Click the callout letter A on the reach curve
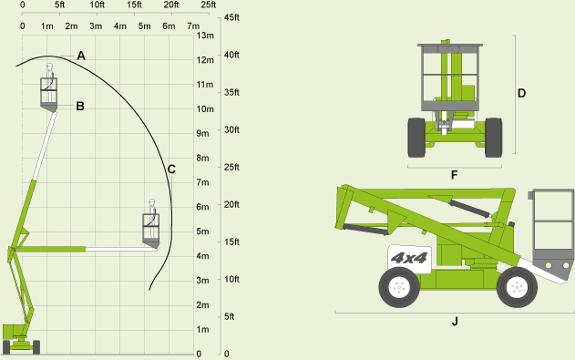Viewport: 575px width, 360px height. (81, 56)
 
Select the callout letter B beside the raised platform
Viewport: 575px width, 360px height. (80, 107)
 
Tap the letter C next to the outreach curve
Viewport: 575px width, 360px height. (171, 170)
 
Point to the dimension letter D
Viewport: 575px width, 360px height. (521, 94)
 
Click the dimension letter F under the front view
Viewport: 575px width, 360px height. (455, 175)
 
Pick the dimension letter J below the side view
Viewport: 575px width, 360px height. (455, 322)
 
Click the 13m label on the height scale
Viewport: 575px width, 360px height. (205, 36)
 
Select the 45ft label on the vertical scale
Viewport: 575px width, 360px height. (231, 17)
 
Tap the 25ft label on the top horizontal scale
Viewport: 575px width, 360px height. (209, 5)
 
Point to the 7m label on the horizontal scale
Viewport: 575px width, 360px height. (193, 26)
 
